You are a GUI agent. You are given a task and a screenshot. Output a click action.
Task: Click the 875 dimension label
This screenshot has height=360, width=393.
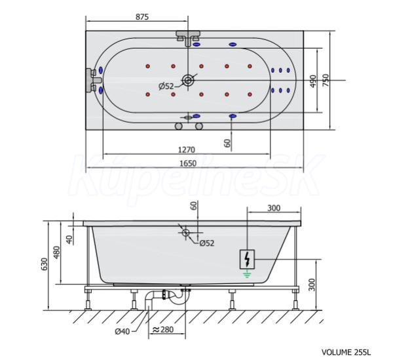[142, 17]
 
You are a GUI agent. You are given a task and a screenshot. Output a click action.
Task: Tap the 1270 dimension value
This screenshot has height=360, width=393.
[187, 150]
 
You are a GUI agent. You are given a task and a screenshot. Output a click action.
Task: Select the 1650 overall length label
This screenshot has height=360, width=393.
[188, 163]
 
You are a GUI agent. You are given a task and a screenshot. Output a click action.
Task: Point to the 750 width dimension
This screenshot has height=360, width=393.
[325, 80]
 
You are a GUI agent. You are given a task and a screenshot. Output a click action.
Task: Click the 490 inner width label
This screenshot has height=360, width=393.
[313, 81]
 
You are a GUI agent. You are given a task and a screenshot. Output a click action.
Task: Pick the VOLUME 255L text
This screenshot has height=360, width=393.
[346, 352]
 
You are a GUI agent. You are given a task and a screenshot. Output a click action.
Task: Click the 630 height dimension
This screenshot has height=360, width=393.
[44, 264]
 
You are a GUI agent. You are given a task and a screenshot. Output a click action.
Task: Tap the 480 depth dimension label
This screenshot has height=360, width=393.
[56, 252]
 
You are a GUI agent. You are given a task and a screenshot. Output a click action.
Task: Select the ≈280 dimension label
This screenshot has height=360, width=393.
[162, 329]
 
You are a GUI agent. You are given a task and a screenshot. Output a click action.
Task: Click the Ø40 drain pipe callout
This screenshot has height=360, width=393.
[122, 332]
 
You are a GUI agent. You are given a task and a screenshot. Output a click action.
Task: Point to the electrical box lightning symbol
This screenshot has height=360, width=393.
[247, 260]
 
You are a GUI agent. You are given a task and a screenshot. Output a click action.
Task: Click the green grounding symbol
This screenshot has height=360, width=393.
[247, 274]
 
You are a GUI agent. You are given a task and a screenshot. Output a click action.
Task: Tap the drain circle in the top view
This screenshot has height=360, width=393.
[188, 80]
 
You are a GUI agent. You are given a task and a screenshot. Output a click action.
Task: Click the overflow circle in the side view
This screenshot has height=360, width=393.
[186, 233]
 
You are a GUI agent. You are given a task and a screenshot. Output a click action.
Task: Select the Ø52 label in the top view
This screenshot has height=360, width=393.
[166, 87]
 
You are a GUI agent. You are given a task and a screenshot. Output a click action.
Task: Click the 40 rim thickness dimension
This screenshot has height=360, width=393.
[69, 239]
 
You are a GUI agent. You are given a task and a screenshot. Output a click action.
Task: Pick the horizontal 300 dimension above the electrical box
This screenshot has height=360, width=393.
[274, 208]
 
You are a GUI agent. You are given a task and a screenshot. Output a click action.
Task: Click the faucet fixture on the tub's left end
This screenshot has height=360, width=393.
[93, 80]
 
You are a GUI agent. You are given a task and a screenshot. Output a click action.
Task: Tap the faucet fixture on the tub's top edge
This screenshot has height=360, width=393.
[188, 38]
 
